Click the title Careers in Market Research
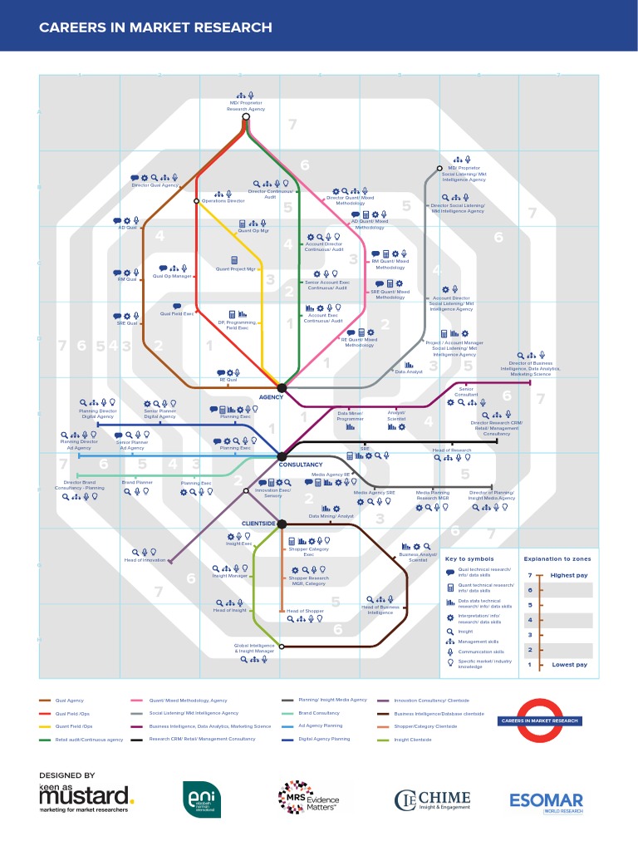coord(155,28)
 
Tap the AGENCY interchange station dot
coord(282,388)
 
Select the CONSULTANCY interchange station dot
coord(282,455)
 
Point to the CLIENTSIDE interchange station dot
coord(282,524)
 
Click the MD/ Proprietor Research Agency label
coord(246,106)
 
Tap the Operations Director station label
coord(223,201)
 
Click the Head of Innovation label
coord(145,560)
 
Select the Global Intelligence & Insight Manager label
coord(254,648)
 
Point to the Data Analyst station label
coord(409,371)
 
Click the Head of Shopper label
coord(305,611)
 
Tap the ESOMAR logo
coord(547,800)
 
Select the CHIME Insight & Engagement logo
coord(433,799)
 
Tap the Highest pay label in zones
coord(569,575)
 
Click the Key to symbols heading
coord(469,559)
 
